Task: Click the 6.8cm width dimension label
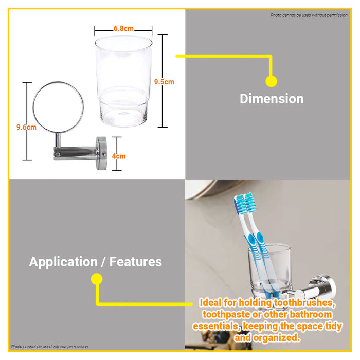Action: point(123,29)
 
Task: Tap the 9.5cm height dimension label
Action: point(164,81)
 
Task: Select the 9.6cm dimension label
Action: point(26,127)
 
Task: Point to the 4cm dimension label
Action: point(119,156)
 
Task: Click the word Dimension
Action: point(272,99)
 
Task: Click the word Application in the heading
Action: point(62,262)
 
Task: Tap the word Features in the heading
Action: point(135,262)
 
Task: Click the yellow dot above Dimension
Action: point(271,81)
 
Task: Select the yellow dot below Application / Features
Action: point(96,279)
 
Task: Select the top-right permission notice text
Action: point(309,15)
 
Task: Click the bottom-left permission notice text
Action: point(49,347)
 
